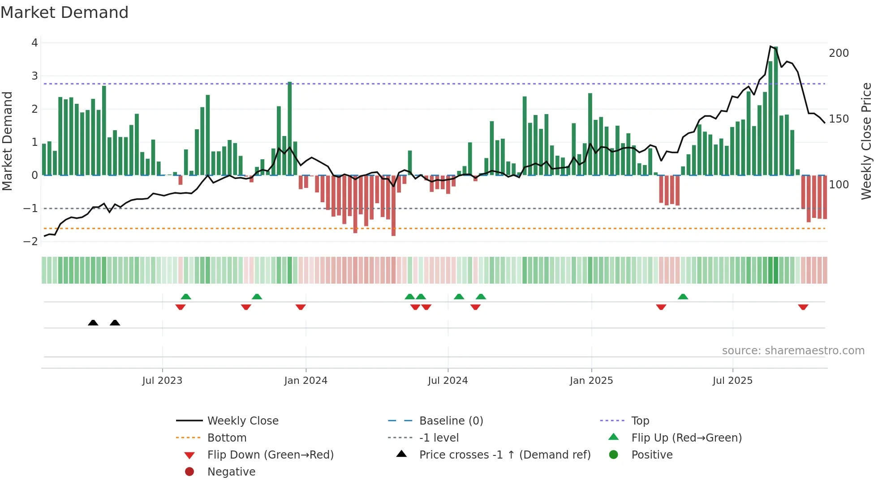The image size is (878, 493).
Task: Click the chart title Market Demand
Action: point(65,13)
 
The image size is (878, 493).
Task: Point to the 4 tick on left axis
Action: point(34,43)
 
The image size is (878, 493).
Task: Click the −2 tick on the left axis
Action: point(31,242)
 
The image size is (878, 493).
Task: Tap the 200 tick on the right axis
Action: point(839,53)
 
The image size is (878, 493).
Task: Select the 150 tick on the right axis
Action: point(839,119)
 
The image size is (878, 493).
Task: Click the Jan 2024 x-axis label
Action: point(306,381)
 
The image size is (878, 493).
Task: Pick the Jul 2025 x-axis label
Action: point(732,381)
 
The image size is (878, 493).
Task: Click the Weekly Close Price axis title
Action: point(866,141)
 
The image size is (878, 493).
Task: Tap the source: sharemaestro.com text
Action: point(793,351)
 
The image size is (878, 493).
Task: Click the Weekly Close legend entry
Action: point(242,421)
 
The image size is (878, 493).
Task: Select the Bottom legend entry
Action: point(227,438)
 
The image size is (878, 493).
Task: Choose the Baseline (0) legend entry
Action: point(451,421)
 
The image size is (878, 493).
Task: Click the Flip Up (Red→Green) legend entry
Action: point(686,438)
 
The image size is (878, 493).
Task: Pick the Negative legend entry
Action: point(231,472)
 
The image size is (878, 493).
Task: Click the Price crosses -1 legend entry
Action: point(504,455)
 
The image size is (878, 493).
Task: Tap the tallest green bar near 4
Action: point(775,112)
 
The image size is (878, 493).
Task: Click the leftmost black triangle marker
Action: point(93,323)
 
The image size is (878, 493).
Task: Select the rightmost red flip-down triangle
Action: point(803,307)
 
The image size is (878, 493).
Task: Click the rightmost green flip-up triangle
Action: point(683,297)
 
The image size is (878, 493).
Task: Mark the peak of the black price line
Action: point(770,47)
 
